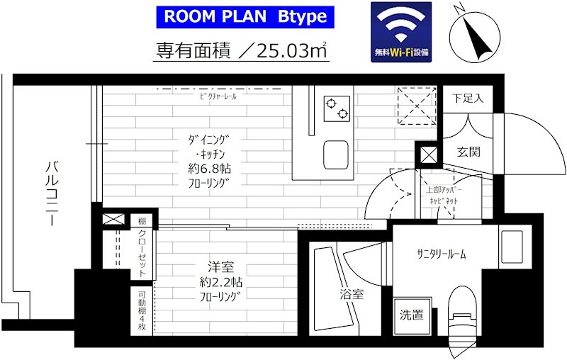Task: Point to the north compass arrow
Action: (x=474, y=35)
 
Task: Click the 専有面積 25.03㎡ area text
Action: (x=241, y=50)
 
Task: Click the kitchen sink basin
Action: (x=337, y=152)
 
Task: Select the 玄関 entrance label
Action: (x=468, y=152)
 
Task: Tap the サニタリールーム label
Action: (x=441, y=254)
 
